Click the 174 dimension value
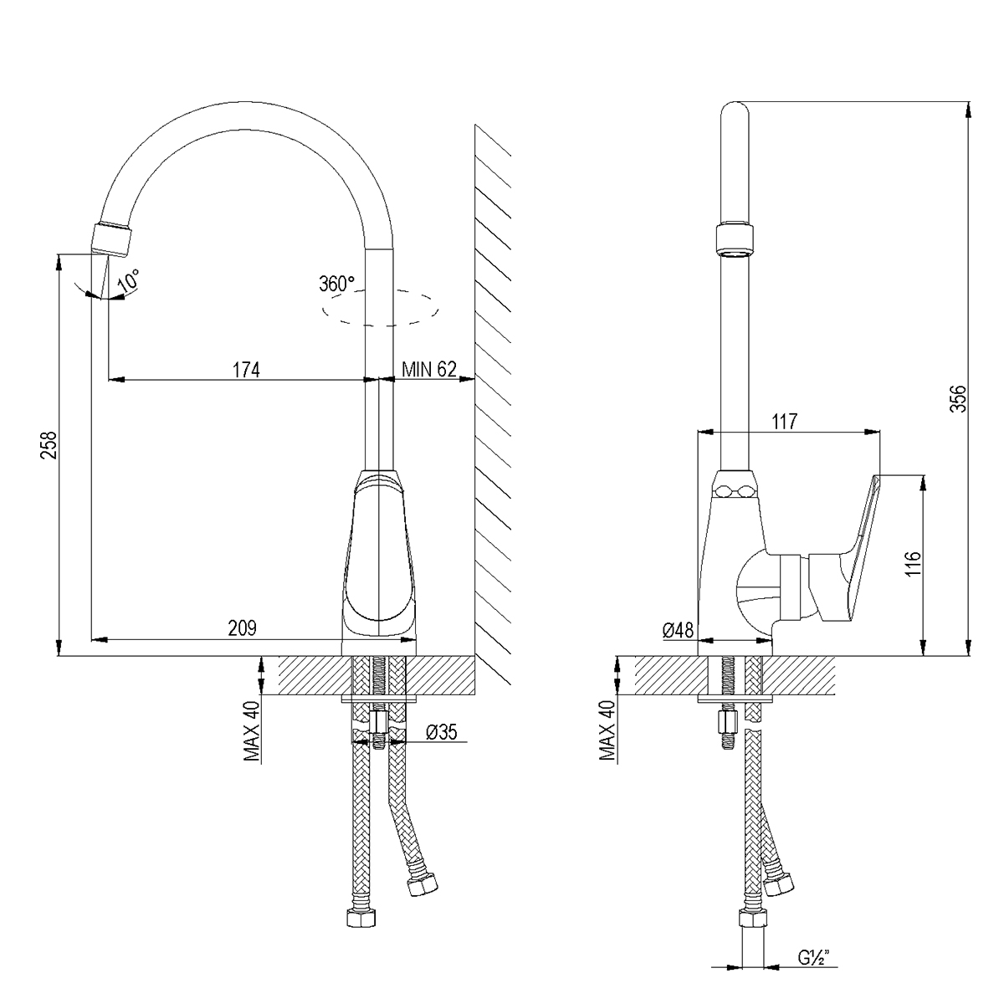[246, 370]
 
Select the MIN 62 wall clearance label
[429, 370]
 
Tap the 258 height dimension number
[49, 444]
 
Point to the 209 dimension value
[243, 628]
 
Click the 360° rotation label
[336, 284]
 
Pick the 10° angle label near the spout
[129, 280]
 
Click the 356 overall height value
[958, 398]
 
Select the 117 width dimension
[785, 422]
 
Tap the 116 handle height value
[914, 564]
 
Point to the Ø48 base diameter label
[679, 630]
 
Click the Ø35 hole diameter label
[441, 732]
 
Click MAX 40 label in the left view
[252, 730]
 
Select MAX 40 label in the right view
[607, 730]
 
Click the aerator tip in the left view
[111, 240]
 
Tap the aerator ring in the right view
[735, 241]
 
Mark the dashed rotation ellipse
[380, 309]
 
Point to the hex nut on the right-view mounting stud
[727, 722]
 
